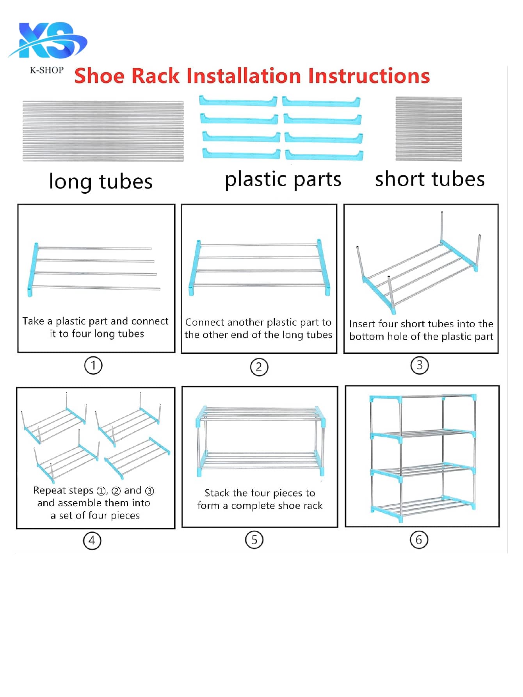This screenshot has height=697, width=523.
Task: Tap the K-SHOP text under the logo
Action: [46, 70]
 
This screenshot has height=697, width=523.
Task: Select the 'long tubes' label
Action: [101, 182]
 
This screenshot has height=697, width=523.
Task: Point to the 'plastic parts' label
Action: [283, 180]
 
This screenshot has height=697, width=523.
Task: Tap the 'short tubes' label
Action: [430, 179]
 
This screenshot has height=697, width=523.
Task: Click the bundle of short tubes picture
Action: [429, 129]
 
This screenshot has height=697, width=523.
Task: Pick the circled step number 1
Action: [93, 366]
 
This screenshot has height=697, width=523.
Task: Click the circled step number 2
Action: [259, 367]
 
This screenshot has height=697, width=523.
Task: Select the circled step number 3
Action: [420, 365]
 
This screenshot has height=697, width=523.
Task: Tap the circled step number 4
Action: [92, 541]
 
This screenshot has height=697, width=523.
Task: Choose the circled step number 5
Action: [254, 540]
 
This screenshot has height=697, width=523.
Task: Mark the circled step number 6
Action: [419, 540]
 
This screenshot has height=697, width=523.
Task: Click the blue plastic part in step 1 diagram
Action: [33, 269]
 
